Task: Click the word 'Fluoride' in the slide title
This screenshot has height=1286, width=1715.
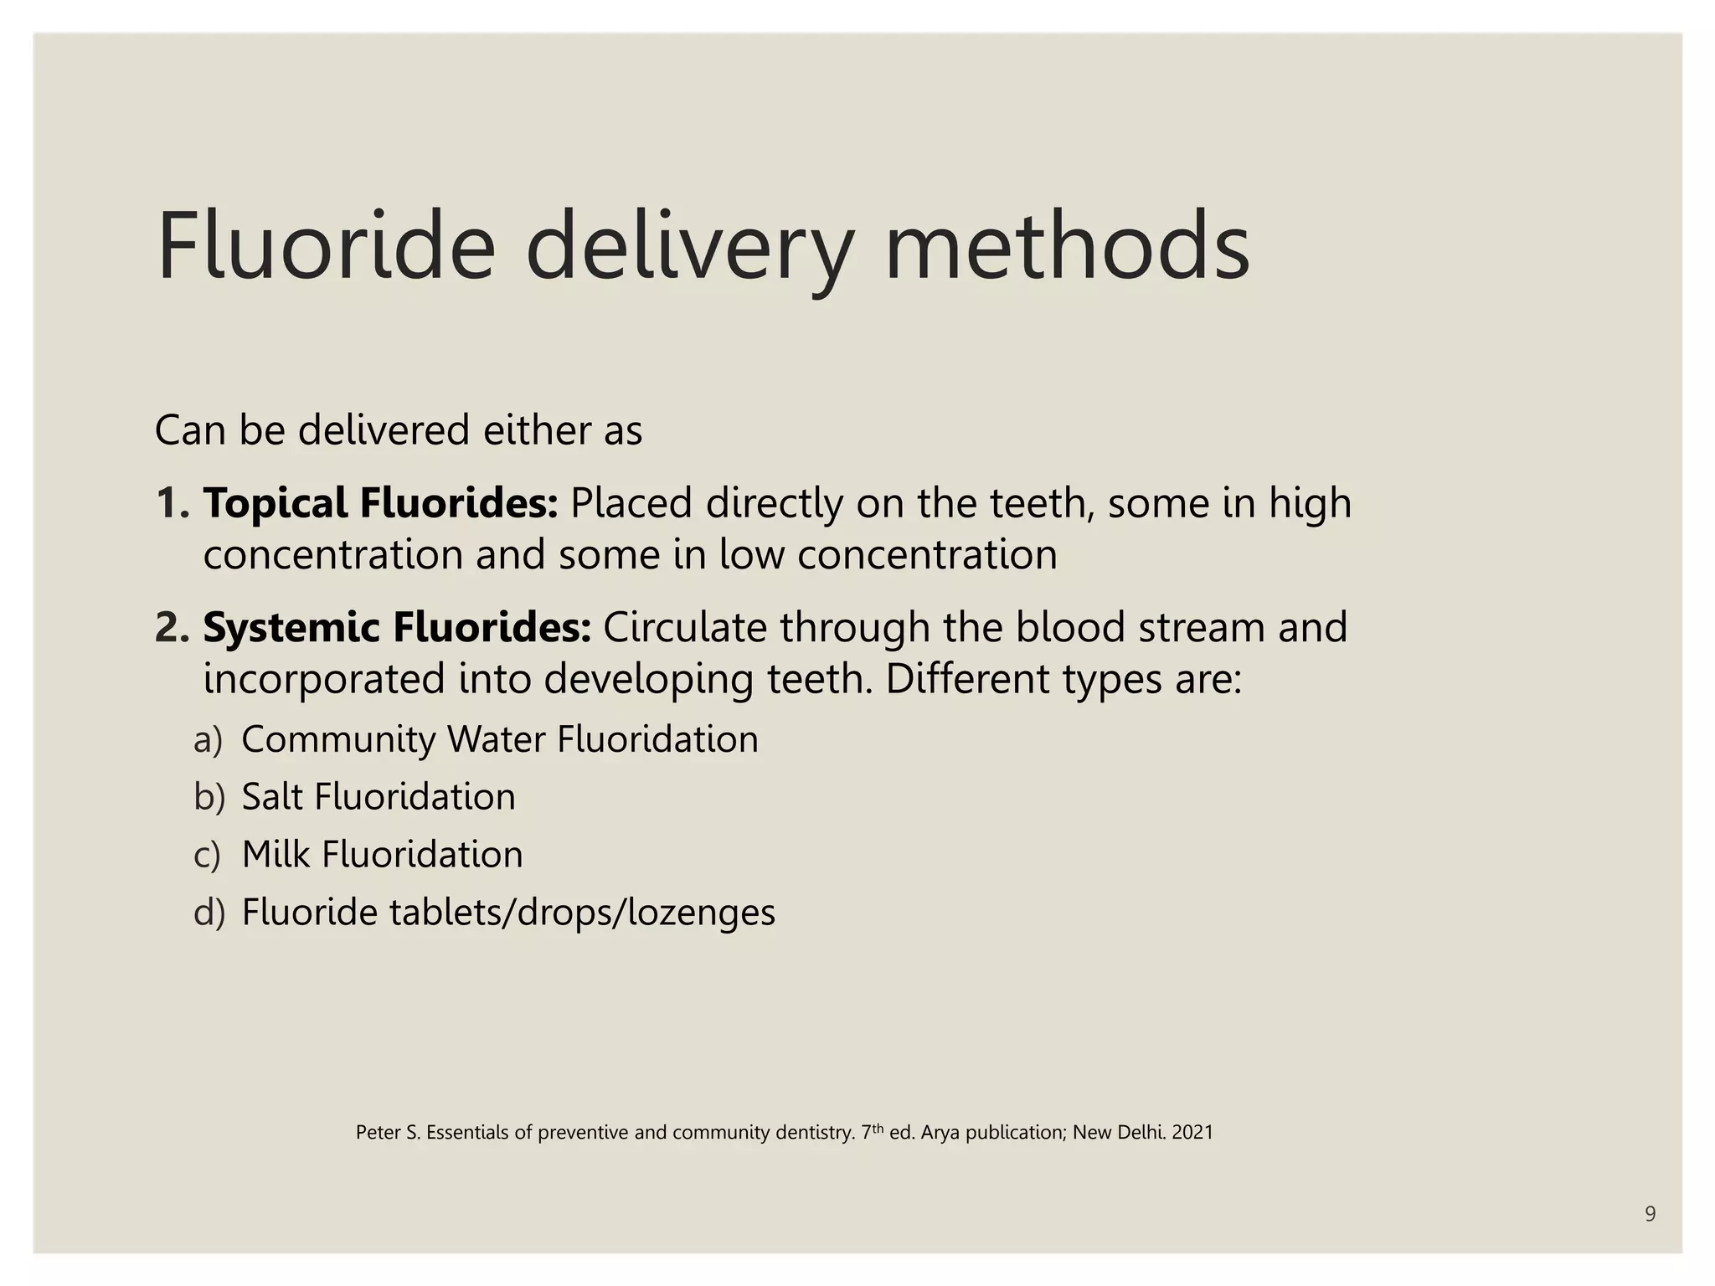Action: (x=326, y=247)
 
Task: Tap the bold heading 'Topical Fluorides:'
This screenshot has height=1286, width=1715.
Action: (x=380, y=503)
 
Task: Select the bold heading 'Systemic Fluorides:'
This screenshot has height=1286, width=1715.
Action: (x=397, y=627)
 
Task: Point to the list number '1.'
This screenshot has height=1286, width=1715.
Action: (x=173, y=503)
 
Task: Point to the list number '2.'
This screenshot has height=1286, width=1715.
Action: (x=173, y=627)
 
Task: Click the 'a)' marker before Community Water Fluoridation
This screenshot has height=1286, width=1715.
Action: (x=208, y=740)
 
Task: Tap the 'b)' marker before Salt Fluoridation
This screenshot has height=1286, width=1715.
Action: (x=209, y=797)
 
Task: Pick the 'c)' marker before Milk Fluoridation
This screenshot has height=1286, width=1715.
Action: (x=207, y=855)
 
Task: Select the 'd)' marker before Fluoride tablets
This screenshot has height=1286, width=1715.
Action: (x=209, y=913)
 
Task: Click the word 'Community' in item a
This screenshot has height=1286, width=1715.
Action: (x=338, y=740)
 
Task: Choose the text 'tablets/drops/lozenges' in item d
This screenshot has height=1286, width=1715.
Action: (x=582, y=913)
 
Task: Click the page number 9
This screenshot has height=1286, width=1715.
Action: (x=1650, y=1214)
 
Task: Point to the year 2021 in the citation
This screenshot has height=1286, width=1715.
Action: (x=1192, y=1133)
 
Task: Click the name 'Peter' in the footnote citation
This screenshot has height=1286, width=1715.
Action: (x=378, y=1133)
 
